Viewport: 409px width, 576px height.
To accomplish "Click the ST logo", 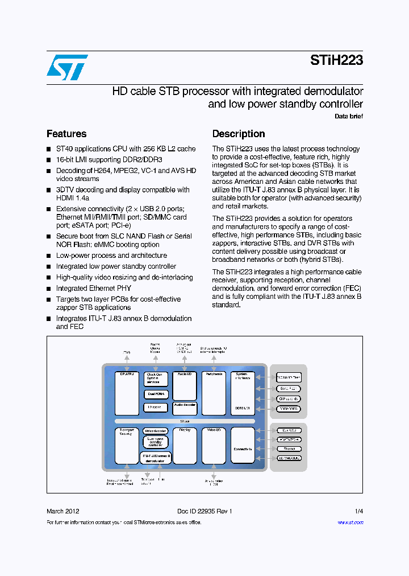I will click(x=68, y=67).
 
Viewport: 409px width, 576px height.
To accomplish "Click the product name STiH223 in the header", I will click(x=336, y=61).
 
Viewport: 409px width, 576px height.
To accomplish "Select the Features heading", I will click(x=66, y=134).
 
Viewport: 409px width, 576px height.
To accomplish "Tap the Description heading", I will click(x=239, y=134).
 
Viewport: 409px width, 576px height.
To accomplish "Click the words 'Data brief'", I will click(x=349, y=116).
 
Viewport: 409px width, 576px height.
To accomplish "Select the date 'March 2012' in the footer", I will click(x=62, y=511).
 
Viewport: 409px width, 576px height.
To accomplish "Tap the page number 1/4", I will click(x=358, y=511).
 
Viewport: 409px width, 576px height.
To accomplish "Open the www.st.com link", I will click(x=350, y=522).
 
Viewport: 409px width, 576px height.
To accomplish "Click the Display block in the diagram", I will click(x=185, y=445).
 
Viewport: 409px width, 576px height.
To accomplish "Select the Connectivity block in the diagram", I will click(x=243, y=445).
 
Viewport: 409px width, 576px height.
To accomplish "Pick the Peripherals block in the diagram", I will click(x=214, y=393).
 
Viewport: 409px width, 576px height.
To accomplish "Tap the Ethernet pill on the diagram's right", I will click(x=289, y=449).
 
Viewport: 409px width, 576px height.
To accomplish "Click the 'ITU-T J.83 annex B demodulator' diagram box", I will click(x=156, y=458).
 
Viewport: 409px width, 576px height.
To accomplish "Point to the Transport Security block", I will click(x=127, y=445).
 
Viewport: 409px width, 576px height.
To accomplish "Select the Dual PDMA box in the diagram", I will click(x=156, y=394).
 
